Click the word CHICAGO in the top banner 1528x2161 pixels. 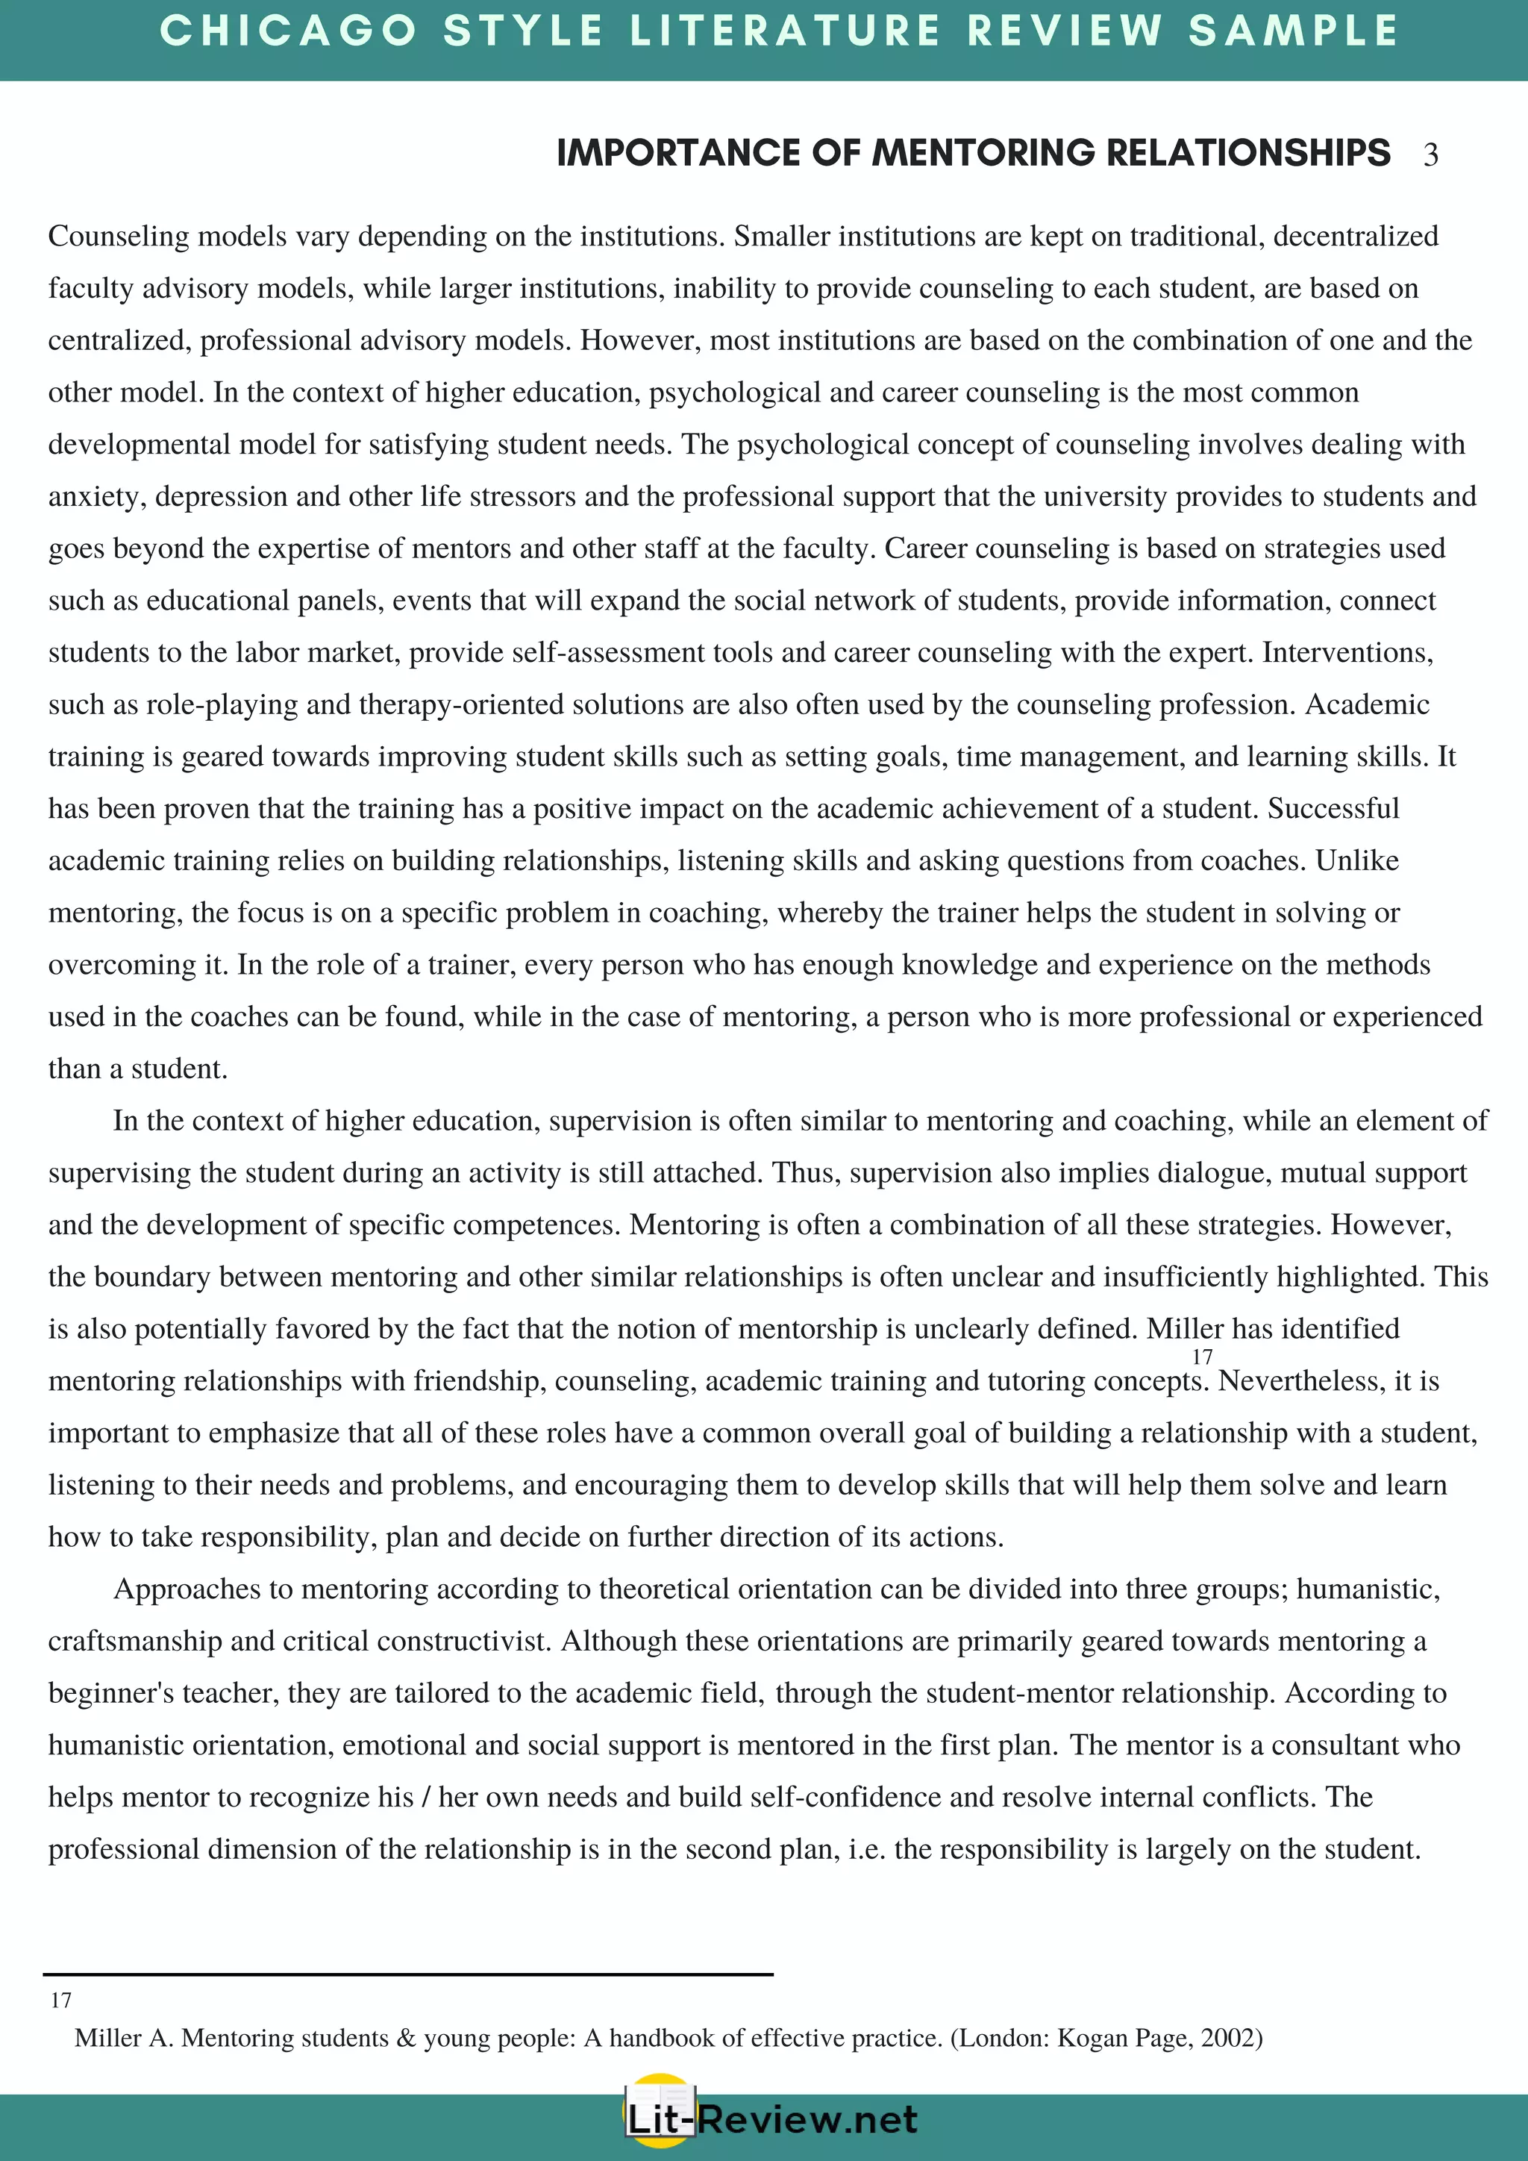point(288,31)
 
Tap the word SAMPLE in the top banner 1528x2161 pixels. point(1294,31)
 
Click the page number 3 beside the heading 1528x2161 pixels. point(1430,154)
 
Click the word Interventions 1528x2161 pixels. point(1347,652)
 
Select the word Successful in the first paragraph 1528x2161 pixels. point(1333,808)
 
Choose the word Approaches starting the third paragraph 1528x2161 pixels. point(187,1589)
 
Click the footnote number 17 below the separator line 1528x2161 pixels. point(61,2000)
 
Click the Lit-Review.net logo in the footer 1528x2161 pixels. point(771,2120)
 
